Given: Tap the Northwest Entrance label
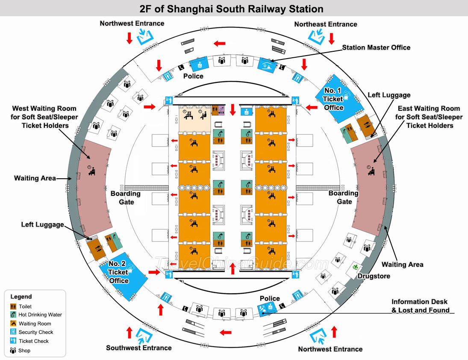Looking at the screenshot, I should point(132,24).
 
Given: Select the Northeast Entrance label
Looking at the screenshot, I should point(326,24).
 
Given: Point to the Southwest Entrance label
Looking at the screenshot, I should point(139,348).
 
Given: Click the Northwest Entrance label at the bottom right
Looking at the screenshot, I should point(330,349).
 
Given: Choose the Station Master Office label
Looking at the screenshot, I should point(376,47).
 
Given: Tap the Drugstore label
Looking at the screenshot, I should point(374,276).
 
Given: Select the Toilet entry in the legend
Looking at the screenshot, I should point(25,307).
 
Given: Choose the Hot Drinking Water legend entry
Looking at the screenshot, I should point(40,315).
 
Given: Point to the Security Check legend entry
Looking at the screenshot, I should point(36,332).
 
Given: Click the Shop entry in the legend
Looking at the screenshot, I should point(24,351).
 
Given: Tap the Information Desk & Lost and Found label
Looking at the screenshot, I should point(420,306).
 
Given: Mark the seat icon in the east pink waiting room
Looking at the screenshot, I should point(371,170).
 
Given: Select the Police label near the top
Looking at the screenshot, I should point(193,76).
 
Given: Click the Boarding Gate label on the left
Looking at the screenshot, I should point(126,198).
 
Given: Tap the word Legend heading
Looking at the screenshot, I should point(21,297).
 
